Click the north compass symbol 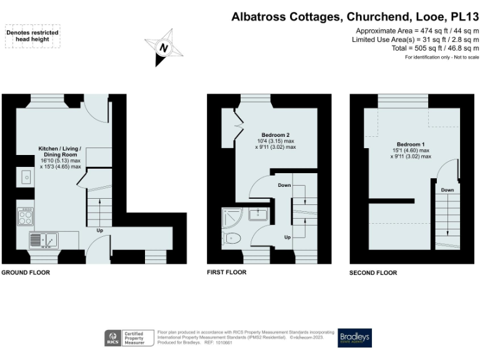click(x=164, y=47)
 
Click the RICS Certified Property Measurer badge click(x=128, y=338)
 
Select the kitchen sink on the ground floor click(x=43, y=239)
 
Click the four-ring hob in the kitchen click(x=26, y=218)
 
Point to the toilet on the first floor click(x=232, y=238)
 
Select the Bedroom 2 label click(x=276, y=135)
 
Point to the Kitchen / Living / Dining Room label click(x=60, y=151)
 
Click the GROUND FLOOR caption click(x=26, y=272)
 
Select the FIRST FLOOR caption click(x=227, y=272)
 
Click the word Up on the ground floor click(x=99, y=230)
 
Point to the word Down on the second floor click(x=447, y=190)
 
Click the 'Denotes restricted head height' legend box click(x=32, y=36)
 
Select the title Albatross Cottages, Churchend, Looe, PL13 click(x=355, y=17)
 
